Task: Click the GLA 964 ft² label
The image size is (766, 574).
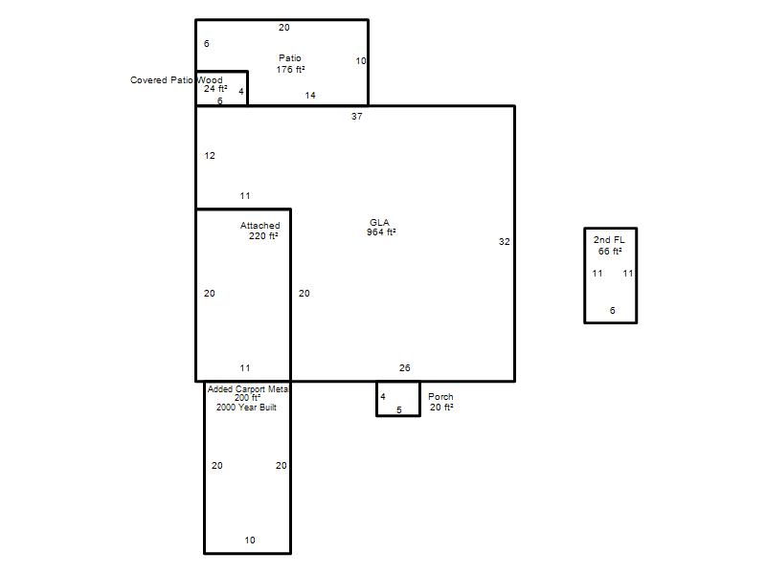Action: tap(381, 228)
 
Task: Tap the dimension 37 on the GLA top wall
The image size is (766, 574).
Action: tap(356, 116)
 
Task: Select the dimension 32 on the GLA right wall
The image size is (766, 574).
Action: tap(505, 242)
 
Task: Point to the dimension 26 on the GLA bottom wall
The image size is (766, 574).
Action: tap(404, 368)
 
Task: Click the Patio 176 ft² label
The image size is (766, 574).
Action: tap(290, 64)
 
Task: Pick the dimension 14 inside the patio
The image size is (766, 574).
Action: tap(310, 95)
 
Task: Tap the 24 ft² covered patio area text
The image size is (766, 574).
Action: tap(215, 89)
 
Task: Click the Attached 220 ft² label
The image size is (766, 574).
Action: tap(259, 231)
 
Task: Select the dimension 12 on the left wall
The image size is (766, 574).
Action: tap(210, 156)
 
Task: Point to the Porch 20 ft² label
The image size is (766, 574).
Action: tap(441, 402)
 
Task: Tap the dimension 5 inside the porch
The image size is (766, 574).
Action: tap(399, 410)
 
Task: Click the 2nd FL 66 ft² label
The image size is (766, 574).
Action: tap(609, 246)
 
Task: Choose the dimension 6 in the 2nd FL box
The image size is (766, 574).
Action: tap(612, 310)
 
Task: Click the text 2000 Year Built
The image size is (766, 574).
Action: tap(246, 408)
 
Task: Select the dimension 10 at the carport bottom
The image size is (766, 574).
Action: tap(250, 541)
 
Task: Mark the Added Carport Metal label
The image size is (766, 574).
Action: tap(248, 389)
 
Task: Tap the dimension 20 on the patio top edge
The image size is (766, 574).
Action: tap(283, 28)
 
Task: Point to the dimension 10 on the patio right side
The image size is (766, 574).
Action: tap(361, 61)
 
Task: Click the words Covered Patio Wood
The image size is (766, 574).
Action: tap(176, 80)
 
